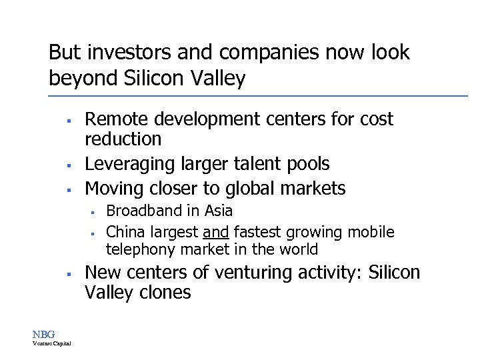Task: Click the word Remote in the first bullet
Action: tap(117, 119)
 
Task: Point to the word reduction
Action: tap(123, 139)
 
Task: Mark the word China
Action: tap(125, 232)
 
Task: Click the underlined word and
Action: tap(216, 232)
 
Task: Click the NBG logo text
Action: tap(44, 333)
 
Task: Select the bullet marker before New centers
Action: tap(68, 274)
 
